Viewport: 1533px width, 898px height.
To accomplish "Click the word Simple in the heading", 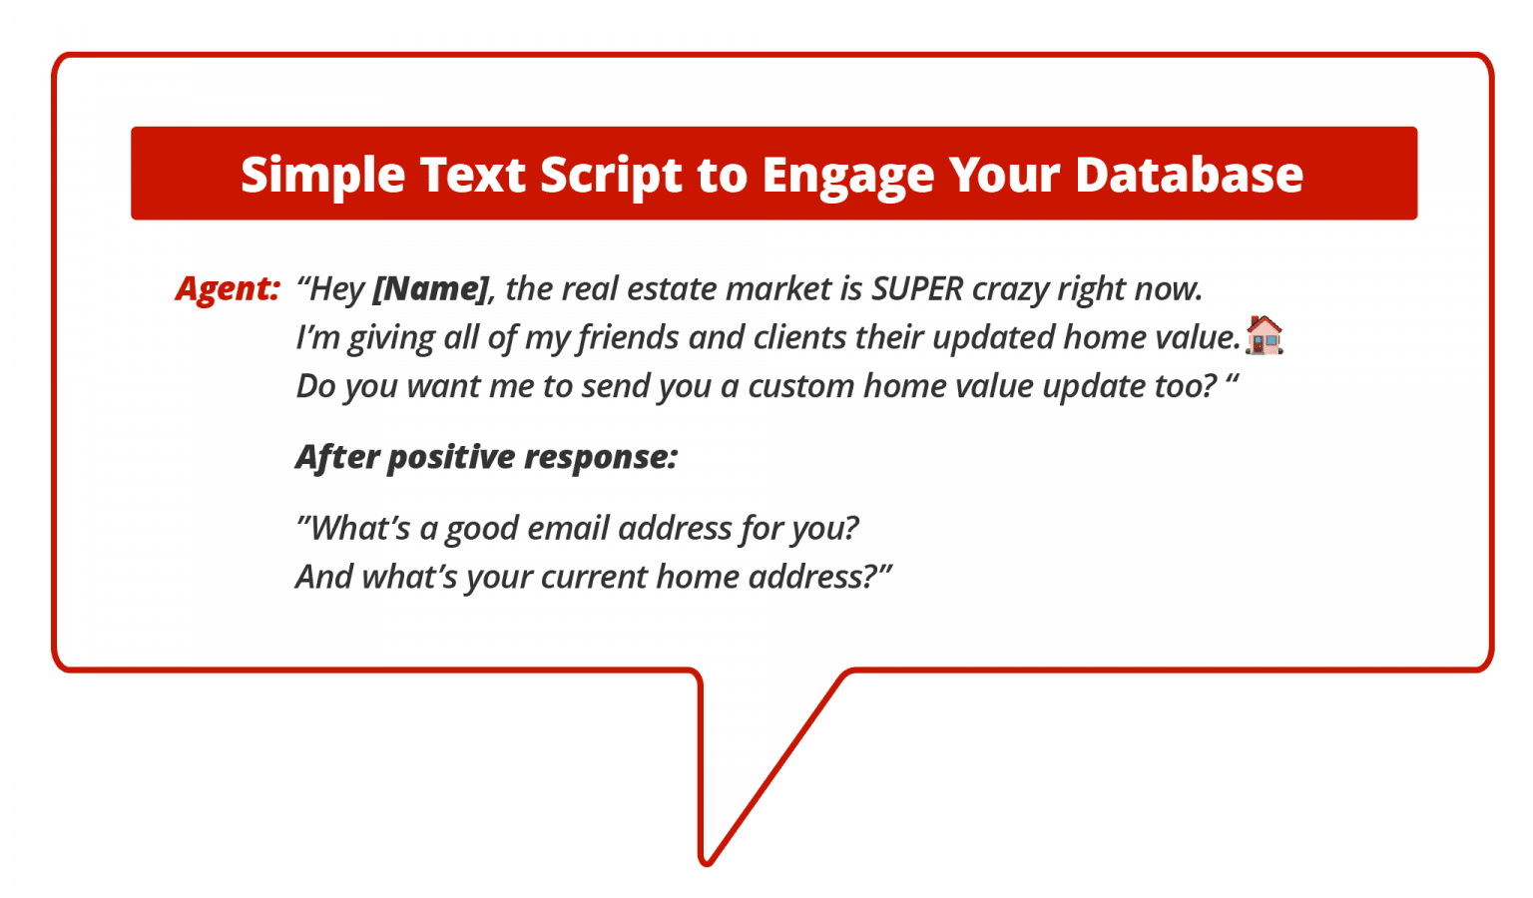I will pos(322,176).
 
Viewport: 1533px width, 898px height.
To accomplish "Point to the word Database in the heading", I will pos(1189,176).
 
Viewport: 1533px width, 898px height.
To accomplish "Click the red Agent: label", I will pos(228,288).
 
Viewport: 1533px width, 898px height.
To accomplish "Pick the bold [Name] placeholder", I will pos(431,288).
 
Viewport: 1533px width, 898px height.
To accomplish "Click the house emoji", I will pos(1264,335).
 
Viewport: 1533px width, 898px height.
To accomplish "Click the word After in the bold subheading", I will pos(337,457).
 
